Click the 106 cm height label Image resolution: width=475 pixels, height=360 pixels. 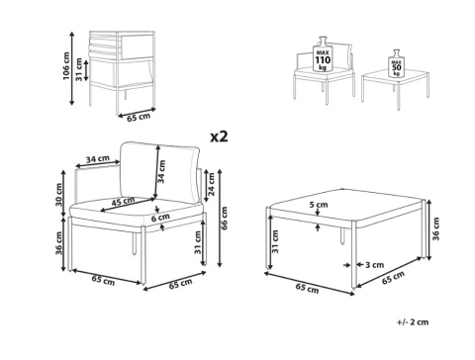pyautogui.click(x=66, y=66)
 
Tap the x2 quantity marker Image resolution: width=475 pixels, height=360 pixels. pyautogui.click(x=220, y=136)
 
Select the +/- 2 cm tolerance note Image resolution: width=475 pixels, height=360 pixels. pyautogui.click(x=413, y=321)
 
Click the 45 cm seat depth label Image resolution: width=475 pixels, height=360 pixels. pyautogui.click(x=123, y=202)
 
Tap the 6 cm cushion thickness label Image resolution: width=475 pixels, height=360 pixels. pyautogui.click(x=160, y=218)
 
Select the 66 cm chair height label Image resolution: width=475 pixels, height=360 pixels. pyautogui.click(x=225, y=219)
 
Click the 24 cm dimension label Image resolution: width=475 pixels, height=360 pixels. pyautogui.click(x=211, y=184)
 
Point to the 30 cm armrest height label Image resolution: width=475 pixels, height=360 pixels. pyautogui.click(x=58, y=195)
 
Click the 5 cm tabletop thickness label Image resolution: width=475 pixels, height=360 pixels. pyautogui.click(x=319, y=205)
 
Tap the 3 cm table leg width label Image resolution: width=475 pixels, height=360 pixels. pyautogui.click(x=375, y=265)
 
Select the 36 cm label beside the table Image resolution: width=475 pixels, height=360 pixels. pyautogui.click(x=435, y=229)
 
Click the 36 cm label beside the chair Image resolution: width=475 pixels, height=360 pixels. pyautogui.click(x=58, y=243)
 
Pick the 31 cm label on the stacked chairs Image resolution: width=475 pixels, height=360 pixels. pyautogui.click(x=78, y=69)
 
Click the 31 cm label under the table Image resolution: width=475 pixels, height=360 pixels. pyautogui.click(x=275, y=241)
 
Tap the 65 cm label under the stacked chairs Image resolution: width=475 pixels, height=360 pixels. pyautogui.click(x=139, y=117)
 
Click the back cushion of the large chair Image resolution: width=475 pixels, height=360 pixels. pyautogui.click(x=159, y=172)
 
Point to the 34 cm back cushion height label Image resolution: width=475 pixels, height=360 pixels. pyautogui.click(x=161, y=171)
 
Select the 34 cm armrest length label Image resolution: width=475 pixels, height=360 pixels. pyautogui.click(x=98, y=159)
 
